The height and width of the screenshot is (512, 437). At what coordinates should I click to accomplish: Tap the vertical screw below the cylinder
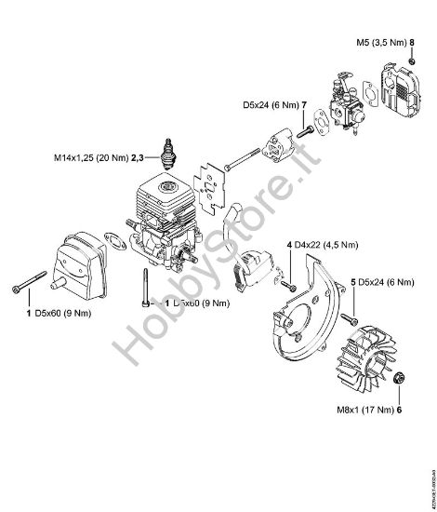click(x=144, y=283)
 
